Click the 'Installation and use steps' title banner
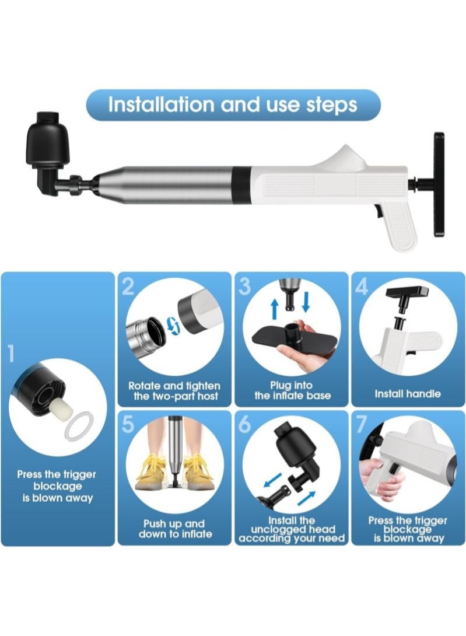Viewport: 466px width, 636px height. click(x=233, y=106)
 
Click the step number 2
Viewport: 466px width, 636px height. click(x=128, y=285)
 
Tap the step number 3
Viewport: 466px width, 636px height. click(x=245, y=285)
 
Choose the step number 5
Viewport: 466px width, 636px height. click(x=128, y=424)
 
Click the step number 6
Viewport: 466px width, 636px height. click(x=246, y=425)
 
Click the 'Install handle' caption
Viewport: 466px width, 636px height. click(x=408, y=394)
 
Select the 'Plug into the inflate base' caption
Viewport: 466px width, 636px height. click(x=292, y=390)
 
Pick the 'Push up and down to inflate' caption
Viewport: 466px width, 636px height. click(x=175, y=529)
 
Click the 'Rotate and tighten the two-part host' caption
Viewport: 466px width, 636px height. click(x=174, y=391)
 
